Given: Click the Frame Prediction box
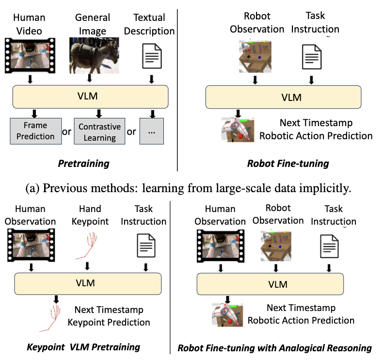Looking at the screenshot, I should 35,131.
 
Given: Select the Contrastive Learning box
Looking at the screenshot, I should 99,131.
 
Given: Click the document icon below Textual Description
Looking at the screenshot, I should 151,56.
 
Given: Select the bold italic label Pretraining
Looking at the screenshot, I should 83,163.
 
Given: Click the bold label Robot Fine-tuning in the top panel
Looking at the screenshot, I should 288,163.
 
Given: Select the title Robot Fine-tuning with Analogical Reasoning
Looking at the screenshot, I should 274,348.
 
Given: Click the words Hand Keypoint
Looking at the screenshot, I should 90,215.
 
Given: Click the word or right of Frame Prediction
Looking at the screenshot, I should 67,131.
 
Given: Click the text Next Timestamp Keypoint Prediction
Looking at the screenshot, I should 112,316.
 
